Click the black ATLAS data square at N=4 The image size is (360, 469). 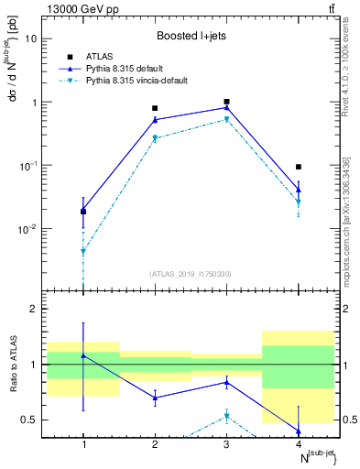click(x=299, y=167)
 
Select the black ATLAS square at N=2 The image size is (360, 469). click(x=155, y=108)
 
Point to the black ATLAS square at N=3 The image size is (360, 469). click(x=226, y=102)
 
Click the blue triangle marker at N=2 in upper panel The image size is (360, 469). click(x=155, y=119)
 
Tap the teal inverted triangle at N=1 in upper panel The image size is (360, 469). click(x=83, y=251)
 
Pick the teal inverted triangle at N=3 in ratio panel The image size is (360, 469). click(x=226, y=416)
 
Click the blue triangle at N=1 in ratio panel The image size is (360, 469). click(x=83, y=355)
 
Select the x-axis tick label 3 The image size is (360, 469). click(x=226, y=444)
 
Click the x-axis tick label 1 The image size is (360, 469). click(x=83, y=444)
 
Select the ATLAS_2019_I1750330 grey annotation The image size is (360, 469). click(x=191, y=274)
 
